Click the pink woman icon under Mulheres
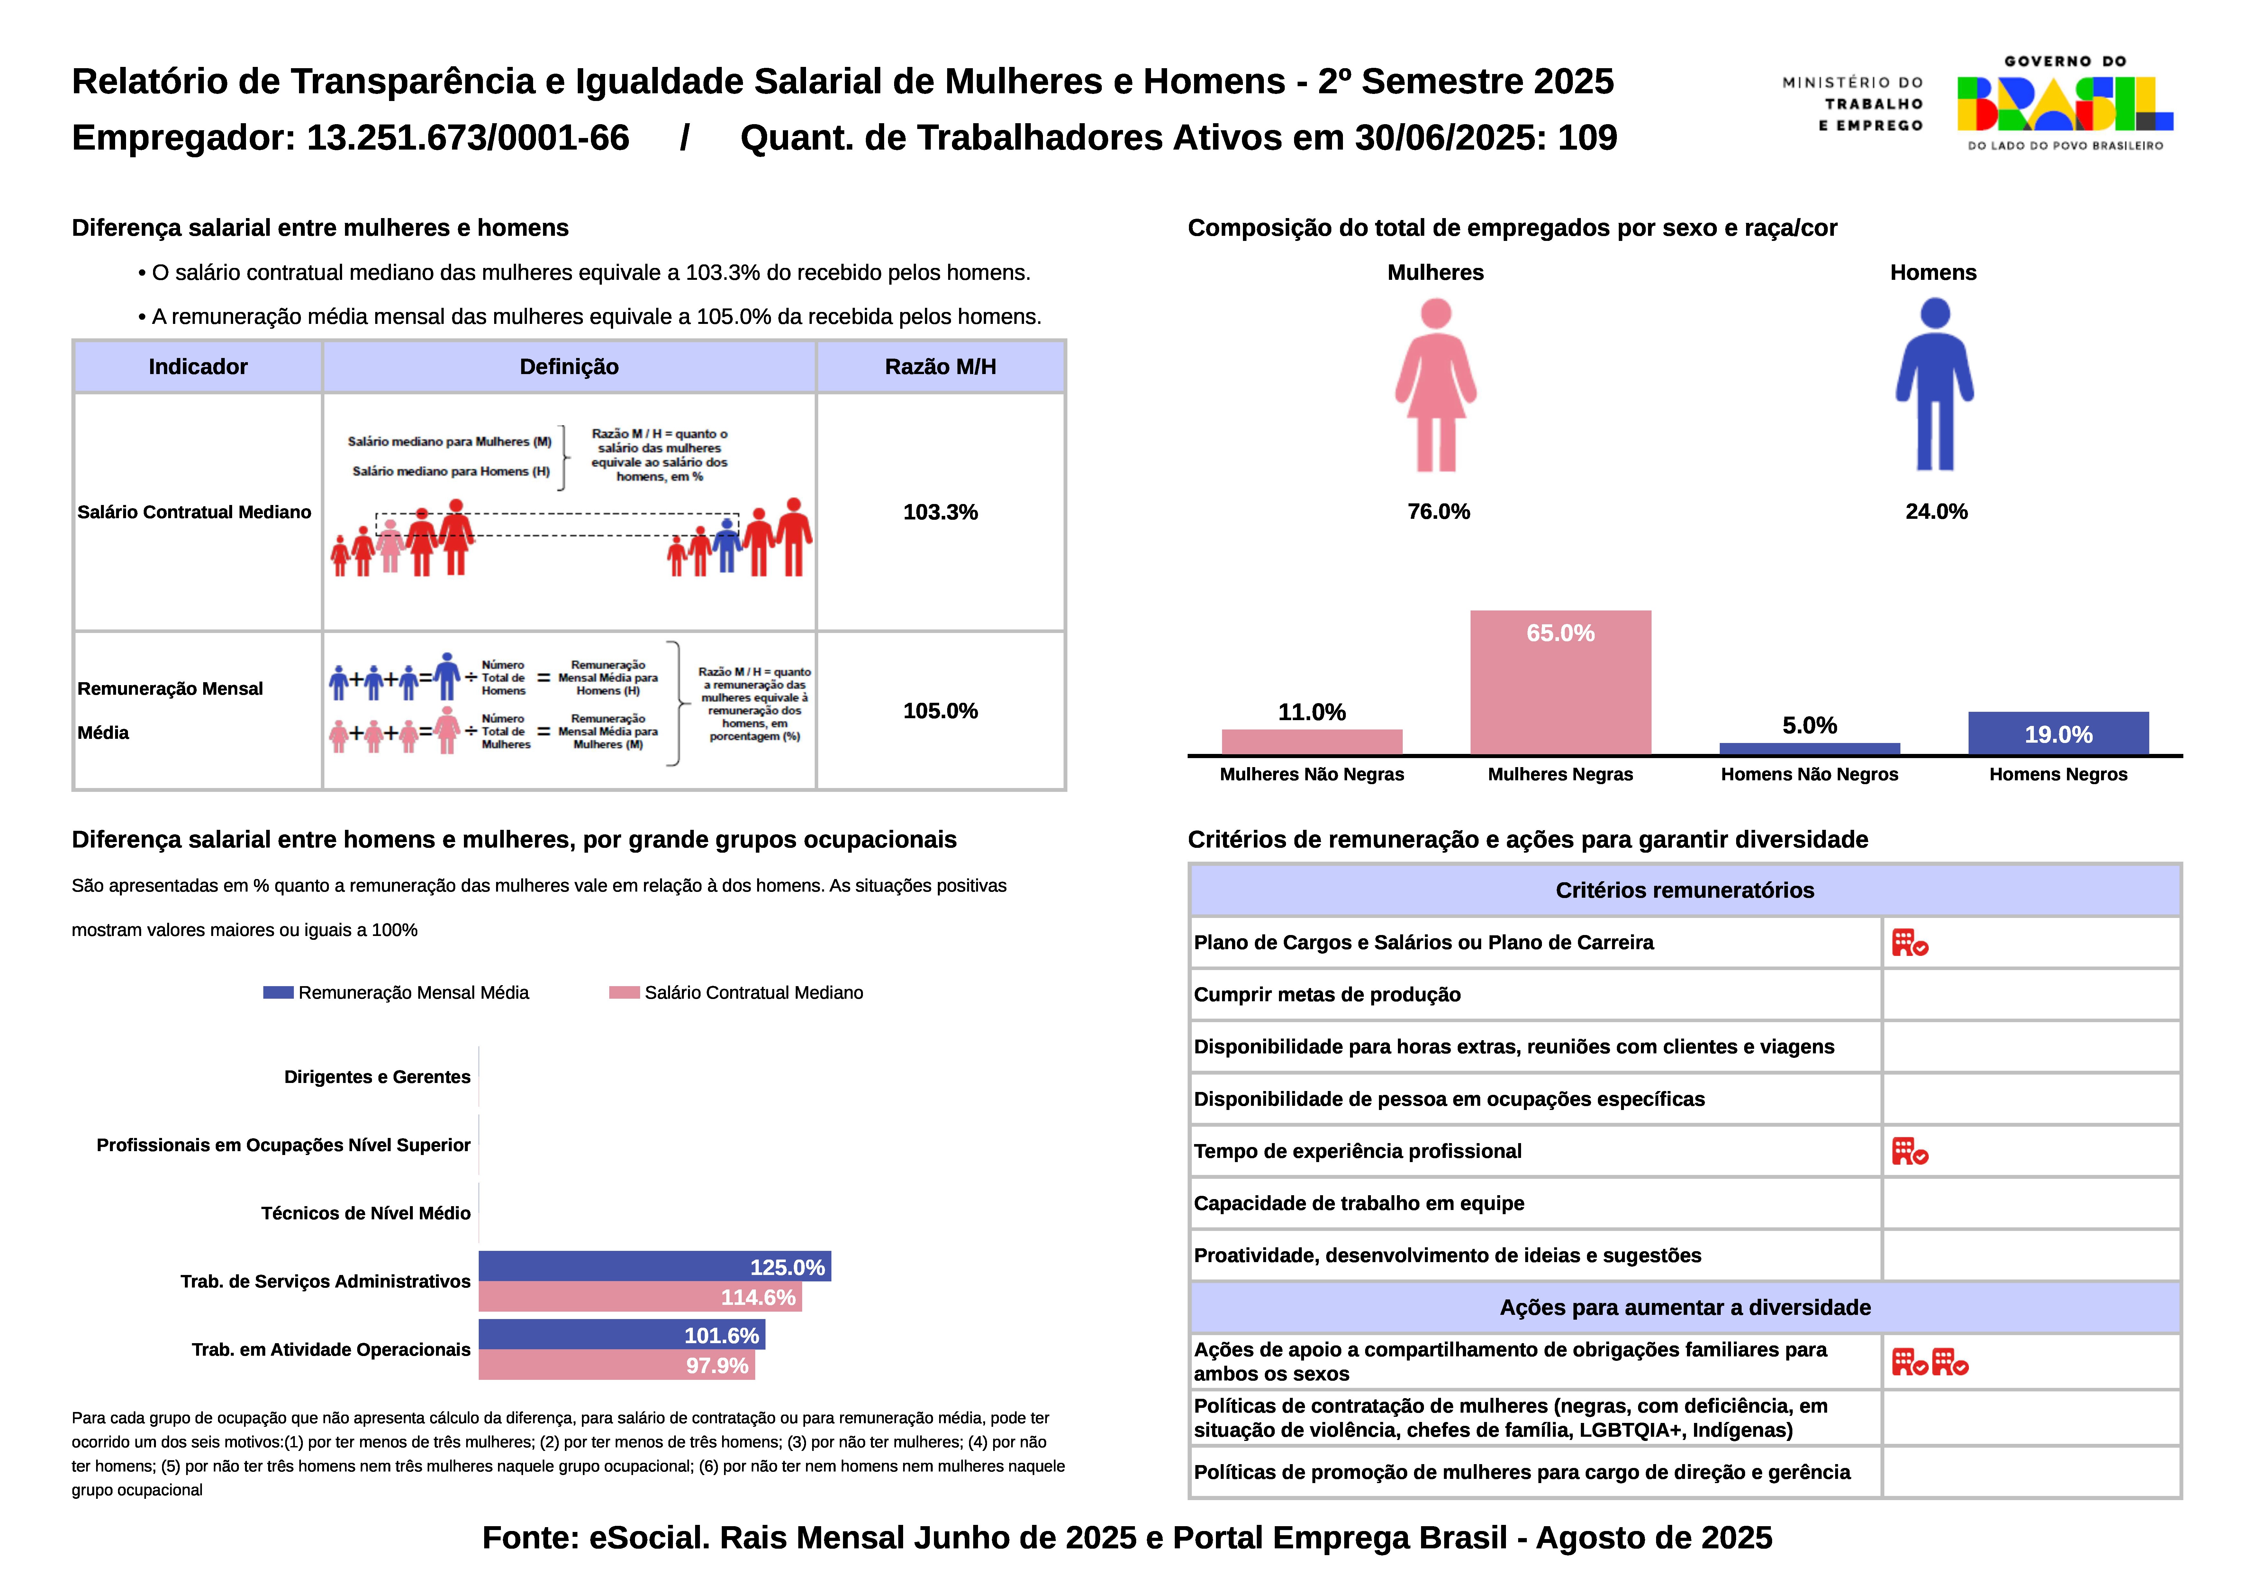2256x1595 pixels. (x=1436, y=385)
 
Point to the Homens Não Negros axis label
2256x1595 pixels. (x=1809, y=775)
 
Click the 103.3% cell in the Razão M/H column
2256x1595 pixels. (x=940, y=512)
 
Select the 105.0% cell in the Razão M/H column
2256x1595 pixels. (x=940, y=710)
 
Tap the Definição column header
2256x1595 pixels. (x=569, y=367)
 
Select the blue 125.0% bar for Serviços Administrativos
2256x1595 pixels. (x=654, y=1267)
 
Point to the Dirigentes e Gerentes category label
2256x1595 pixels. (x=377, y=1077)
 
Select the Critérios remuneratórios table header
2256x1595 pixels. (x=1684, y=890)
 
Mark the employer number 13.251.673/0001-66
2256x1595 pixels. (x=468, y=138)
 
